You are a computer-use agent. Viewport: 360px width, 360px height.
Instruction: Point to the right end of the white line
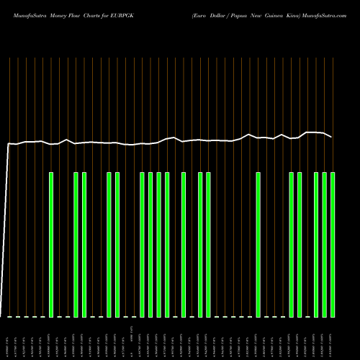(331, 137)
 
